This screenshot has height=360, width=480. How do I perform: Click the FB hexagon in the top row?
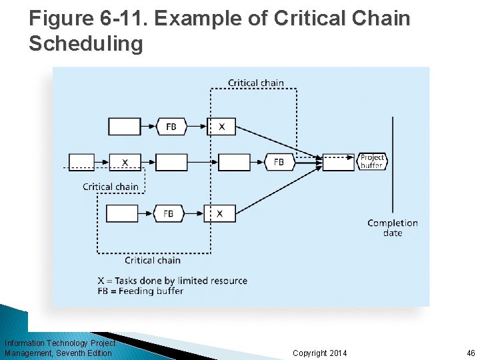click(171, 126)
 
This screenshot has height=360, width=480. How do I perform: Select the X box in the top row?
click(221, 126)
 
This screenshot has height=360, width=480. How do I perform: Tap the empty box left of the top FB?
click(125, 126)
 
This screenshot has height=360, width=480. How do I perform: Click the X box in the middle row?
click(125, 162)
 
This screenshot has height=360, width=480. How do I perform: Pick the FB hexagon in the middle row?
click(279, 162)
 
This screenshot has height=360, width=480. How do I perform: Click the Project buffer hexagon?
click(372, 161)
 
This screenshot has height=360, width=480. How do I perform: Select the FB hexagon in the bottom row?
click(168, 213)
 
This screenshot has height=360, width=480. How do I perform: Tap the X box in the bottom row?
click(219, 213)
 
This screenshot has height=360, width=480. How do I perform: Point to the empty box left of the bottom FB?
click(122, 213)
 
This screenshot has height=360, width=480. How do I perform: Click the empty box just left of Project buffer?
click(339, 162)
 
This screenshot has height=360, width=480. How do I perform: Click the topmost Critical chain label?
click(256, 83)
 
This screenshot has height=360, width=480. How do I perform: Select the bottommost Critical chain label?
click(153, 260)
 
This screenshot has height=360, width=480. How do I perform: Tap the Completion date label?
click(393, 227)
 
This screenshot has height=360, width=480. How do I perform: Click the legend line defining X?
click(173, 281)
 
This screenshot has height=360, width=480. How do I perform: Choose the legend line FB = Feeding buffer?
click(155, 291)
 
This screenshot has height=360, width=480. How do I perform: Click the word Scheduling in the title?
click(86, 44)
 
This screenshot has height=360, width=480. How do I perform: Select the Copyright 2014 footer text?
click(320, 353)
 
